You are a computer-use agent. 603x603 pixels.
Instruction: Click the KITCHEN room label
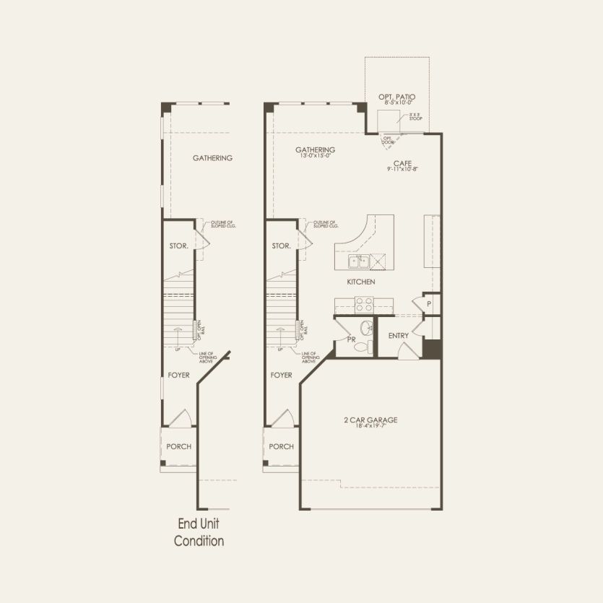[360, 282]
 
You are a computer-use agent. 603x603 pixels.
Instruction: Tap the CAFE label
[402, 164]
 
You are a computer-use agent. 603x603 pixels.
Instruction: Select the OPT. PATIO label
[396, 96]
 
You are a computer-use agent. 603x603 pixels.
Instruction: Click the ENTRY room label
[398, 336]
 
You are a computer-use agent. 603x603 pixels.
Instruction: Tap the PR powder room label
[350, 338]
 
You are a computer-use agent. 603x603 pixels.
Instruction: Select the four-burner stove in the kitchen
[365, 303]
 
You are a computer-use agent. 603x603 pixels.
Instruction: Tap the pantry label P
[428, 304]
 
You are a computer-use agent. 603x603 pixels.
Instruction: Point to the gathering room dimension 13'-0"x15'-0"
[315, 155]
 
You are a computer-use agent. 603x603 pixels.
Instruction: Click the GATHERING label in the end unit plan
[212, 158]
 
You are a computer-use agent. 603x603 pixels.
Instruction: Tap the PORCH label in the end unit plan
[178, 446]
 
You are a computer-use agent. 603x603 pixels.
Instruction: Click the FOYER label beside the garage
[281, 375]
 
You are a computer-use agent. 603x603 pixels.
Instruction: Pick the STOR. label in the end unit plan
[178, 246]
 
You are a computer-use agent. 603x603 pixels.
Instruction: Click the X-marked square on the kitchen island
[381, 261]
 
